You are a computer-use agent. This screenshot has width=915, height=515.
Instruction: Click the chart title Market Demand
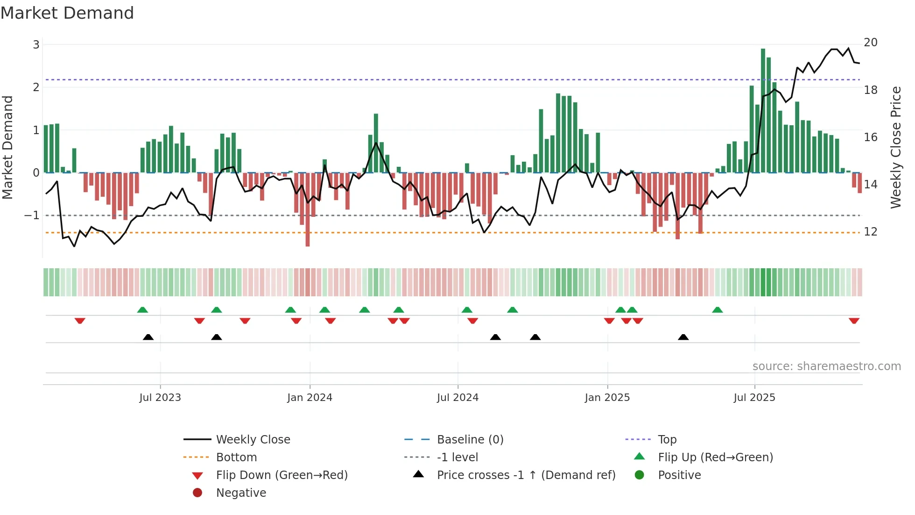point(67,13)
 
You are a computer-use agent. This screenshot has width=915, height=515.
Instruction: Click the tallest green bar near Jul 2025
point(763,110)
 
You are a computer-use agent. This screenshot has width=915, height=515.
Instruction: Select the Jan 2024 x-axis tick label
point(310,398)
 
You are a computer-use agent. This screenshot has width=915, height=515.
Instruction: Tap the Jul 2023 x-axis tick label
point(160,398)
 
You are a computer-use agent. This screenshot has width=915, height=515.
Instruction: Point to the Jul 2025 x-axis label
point(754,398)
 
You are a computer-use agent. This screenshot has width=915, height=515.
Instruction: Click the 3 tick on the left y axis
point(36,45)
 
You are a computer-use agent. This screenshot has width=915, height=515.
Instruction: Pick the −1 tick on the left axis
point(32,215)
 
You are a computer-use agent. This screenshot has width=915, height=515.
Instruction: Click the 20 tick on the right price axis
point(871,43)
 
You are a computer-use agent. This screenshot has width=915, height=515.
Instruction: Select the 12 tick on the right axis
point(871,232)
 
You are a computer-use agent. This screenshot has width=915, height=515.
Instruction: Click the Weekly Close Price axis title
point(895,147)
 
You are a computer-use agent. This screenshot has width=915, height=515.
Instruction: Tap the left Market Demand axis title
point(8,147)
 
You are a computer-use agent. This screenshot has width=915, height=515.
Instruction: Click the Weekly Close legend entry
point(253,440)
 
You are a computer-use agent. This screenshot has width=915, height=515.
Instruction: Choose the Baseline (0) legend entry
point(470,440)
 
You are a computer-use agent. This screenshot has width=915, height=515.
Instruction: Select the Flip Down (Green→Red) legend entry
point(282,475)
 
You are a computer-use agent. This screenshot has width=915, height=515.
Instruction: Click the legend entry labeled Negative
point(241,493)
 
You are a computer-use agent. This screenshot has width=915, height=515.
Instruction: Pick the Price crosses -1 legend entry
point(526,475)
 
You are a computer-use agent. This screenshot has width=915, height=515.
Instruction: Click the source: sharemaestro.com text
point(826,366)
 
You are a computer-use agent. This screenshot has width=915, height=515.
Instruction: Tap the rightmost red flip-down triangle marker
point(854,321)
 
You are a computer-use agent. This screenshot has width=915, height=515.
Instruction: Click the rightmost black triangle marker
point(683,337)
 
